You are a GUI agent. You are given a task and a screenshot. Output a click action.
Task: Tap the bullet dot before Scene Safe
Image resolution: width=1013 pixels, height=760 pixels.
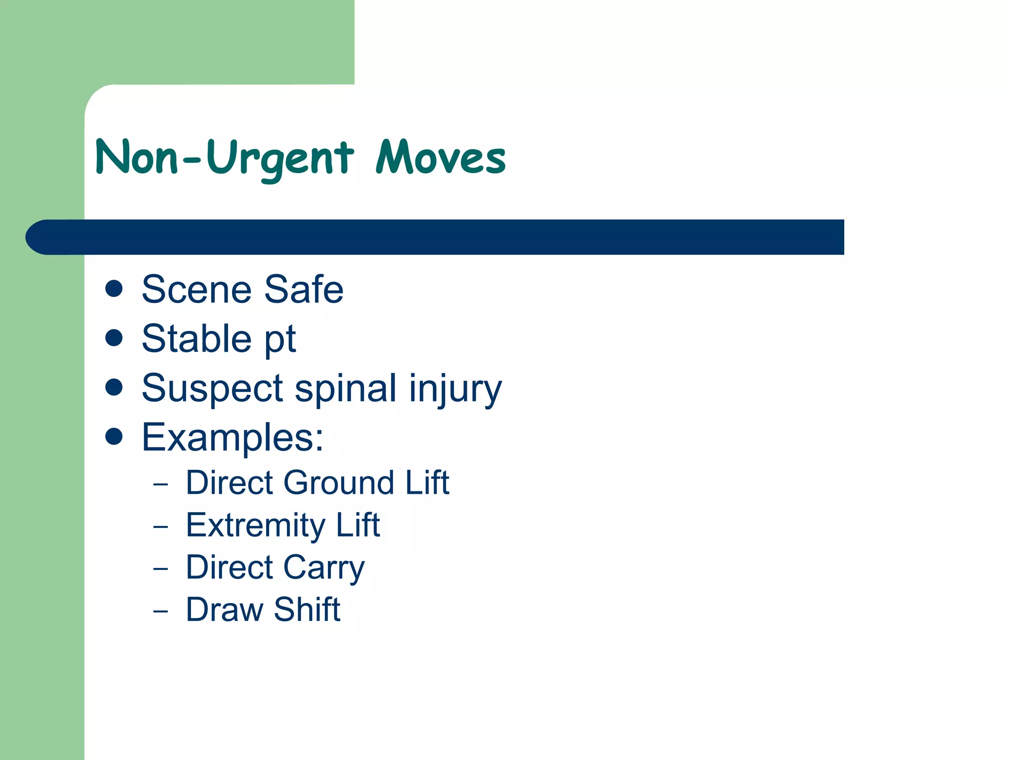(114, 288)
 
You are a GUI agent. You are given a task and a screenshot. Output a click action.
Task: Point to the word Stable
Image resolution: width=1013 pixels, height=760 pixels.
(196, 339)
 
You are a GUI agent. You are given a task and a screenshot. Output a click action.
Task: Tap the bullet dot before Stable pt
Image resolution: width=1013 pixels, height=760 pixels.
(114, 338)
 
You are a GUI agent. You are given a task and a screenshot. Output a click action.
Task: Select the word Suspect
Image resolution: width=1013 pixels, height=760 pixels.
(212, 389)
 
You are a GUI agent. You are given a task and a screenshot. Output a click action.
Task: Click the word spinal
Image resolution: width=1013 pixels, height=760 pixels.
(346, 389)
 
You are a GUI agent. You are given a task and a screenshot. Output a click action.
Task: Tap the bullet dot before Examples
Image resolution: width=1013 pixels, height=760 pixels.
(114, 436)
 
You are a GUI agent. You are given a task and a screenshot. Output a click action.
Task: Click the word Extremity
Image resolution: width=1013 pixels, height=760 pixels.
(255, 525)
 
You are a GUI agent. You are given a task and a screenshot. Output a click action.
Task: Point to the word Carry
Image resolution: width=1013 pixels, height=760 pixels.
(323, 568)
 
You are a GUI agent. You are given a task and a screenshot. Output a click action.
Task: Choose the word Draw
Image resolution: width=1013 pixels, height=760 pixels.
(224, 610)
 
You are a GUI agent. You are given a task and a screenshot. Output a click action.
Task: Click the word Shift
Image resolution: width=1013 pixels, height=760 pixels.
(307, 610)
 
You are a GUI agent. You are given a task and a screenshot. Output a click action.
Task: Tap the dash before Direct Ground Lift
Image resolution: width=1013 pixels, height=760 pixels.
(160, 484)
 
